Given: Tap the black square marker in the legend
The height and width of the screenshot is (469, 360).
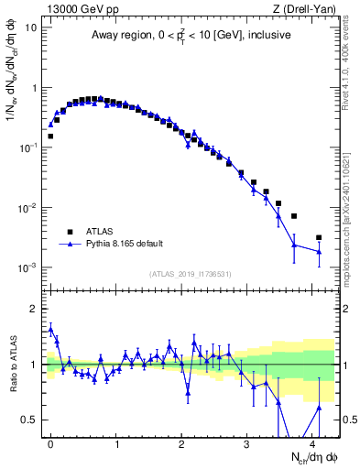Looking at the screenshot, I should click(69, 232).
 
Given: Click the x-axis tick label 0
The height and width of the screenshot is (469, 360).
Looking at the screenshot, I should click(50, 442).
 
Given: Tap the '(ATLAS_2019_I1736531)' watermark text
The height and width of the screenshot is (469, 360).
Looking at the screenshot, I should click(190, 274).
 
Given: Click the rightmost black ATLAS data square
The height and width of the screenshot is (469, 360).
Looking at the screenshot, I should click(319, 237).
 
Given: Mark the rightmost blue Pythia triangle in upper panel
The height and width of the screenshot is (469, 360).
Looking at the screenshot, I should click(319, 251).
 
